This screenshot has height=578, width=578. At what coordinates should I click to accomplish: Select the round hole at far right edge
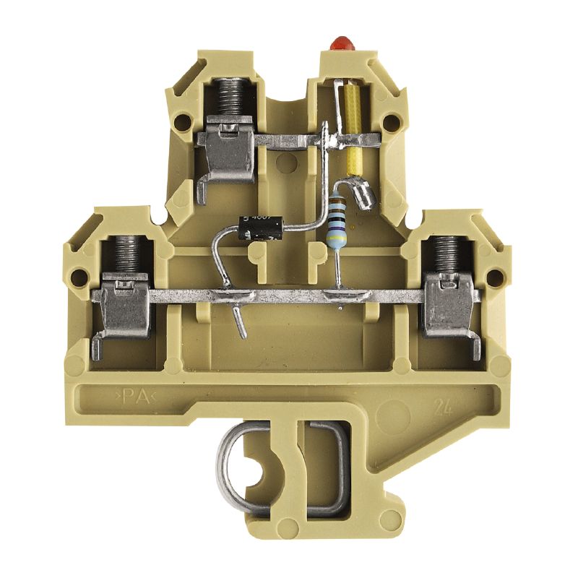[x=497, y=275]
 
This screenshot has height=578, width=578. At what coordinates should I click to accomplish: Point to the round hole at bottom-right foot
[x=391, y=517]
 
